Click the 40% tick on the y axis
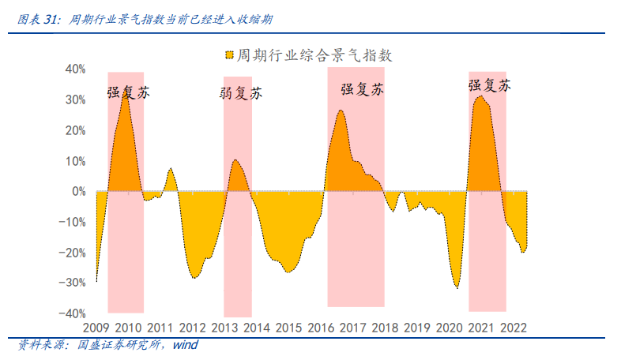(74, 69)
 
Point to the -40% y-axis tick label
(73, 313)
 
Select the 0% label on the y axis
(78, 192)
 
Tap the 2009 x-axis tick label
(95, 328)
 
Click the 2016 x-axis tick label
(320, 328)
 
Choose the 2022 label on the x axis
(513, 328)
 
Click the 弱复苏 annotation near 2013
(240, 94)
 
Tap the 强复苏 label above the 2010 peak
(128, 92)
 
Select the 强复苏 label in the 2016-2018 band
(362, 89)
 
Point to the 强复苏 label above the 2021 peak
(489, 85)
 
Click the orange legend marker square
(229, 56)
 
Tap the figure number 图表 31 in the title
(38, 18)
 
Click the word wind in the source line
(185, 345)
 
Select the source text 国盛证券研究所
(118, 345)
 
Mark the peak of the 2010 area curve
(125, 92)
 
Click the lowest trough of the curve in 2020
(457, 288)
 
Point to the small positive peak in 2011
(171, 168)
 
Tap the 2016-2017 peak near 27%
(341, 110)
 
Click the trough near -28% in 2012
(194, 277)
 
